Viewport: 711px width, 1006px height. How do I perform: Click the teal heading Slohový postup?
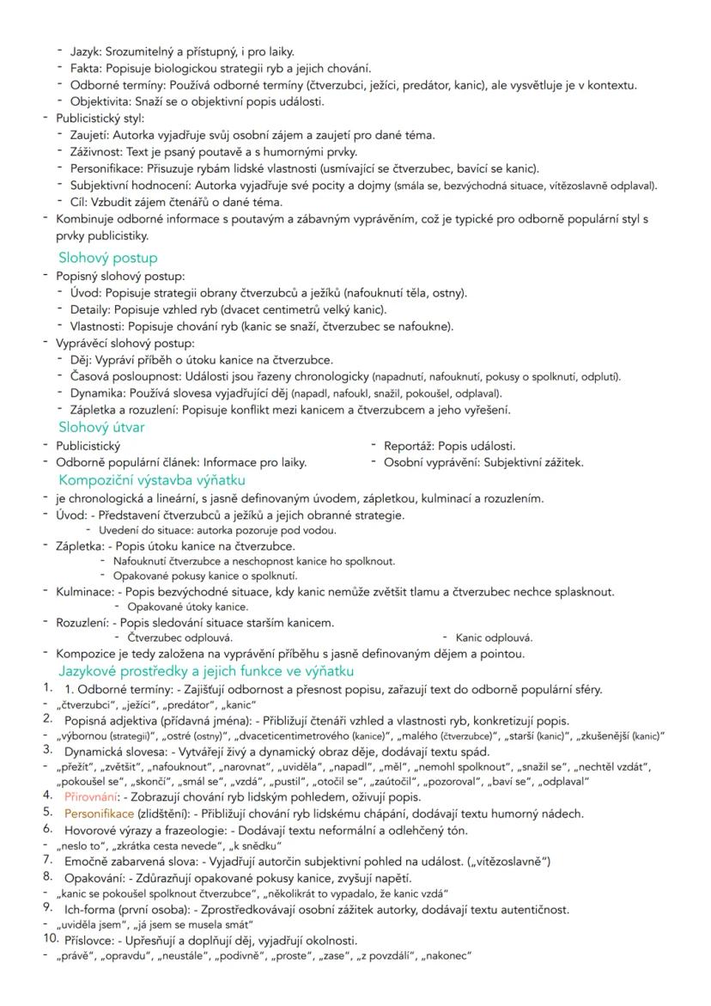tap(107, 257)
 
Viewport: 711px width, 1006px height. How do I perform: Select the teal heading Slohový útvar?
tap(101, 427)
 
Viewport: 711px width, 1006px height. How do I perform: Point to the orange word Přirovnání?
tap(92, 796)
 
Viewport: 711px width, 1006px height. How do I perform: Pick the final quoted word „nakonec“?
tap(446, 956)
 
